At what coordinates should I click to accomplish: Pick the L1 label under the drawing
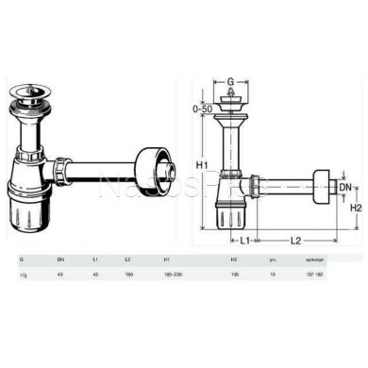(x=243, y=242)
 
